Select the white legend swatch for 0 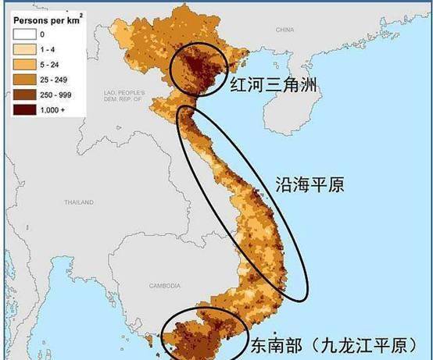tap(23, 34)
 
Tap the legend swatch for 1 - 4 tap(23, 48)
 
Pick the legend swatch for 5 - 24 tap(23, 62)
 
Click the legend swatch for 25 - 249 tap(23, 77)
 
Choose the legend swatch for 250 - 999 tap(23, 91)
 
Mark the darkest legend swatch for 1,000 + tap(23, 105)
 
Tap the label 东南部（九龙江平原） tap(338, 344)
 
